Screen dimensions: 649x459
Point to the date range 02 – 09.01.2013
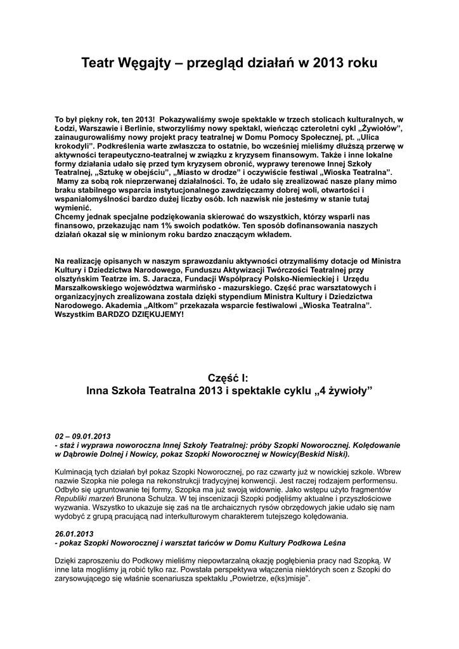(83, 437)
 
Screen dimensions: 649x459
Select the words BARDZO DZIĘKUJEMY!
(139, 314)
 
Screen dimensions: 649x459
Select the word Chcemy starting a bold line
(70, 217)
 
